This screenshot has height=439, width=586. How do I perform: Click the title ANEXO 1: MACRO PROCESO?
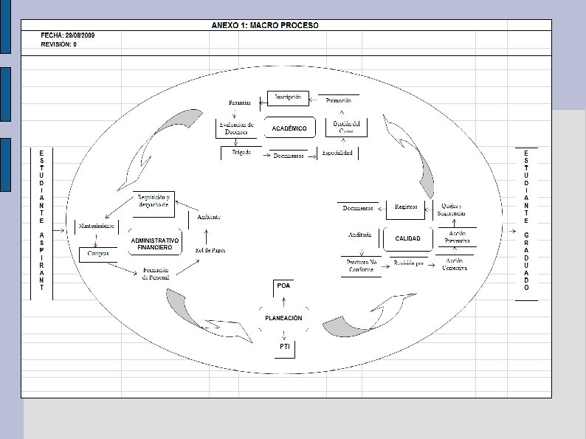(x=265, y=25)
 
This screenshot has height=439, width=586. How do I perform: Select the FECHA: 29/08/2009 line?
(x=68, y=35)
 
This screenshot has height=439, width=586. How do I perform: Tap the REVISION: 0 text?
(x=59, y=44)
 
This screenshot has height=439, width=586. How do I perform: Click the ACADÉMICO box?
(x=289, y=128)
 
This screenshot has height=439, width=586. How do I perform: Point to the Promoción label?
(x=338, y=100)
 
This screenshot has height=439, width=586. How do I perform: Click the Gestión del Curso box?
(x=346, y=127)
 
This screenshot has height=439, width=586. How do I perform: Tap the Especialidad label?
(x=337, y=153)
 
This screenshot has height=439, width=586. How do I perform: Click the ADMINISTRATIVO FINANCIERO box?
(x=155, y=244)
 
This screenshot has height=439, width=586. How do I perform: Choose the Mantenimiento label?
(x=97, y=227)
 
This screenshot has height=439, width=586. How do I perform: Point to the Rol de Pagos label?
(x=210, y=251)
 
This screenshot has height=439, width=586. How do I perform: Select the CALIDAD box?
(x=407, y=239)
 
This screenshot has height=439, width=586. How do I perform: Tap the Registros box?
(x=407, y=207)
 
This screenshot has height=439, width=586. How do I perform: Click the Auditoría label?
(x=359, y=235)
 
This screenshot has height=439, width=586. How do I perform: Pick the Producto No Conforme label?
(x=361, y=266)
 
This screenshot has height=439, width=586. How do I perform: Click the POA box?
(x=284, y=286)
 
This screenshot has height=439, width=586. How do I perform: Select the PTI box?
(x=284, y=346)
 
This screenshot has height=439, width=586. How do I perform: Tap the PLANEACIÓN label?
(x=283, y=317)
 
